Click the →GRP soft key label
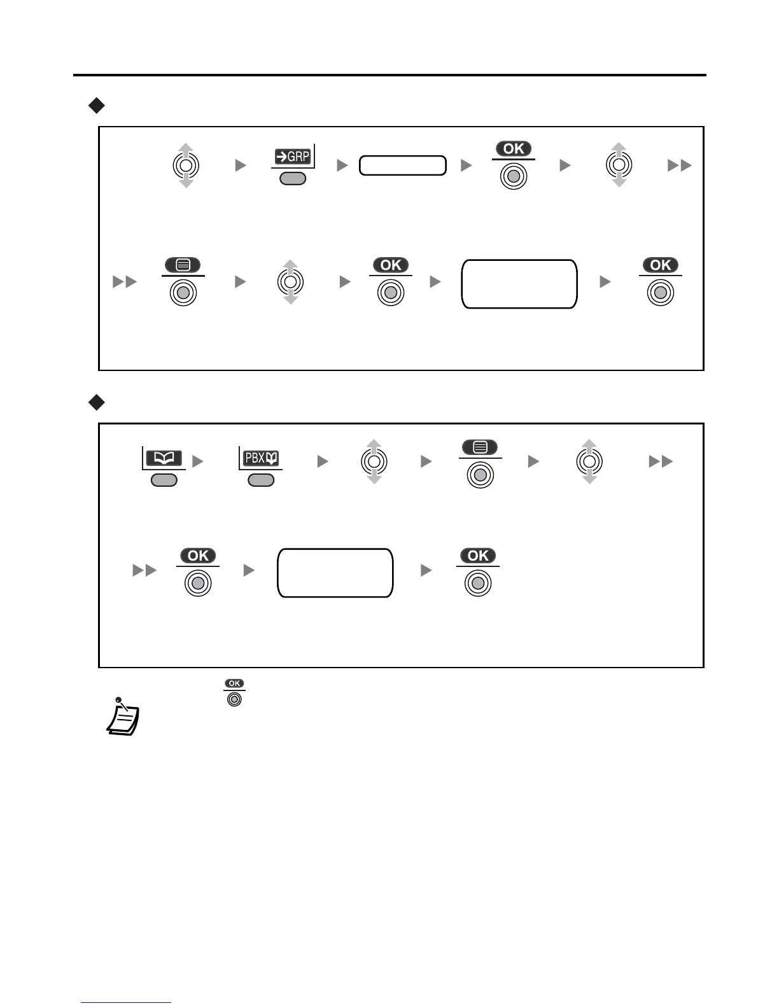tap(293, 156)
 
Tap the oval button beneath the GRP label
tap(293, 179)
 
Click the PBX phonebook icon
tap(261, 458)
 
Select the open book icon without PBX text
tap(164, 458)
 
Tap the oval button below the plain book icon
tap(164, 480)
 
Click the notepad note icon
tap(122, 718)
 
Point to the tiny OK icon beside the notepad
tap(234, 692)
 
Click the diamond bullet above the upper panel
tap(96, 105)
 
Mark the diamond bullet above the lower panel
tap(96, 402)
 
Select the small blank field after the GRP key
tap(402, 165)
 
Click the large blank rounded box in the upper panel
tap(519, 284)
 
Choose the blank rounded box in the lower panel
tap(335, 573)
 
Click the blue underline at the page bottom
tap(126, 1003)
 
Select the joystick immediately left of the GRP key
tap(185, 165)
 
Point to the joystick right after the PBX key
tap(374, 461)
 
